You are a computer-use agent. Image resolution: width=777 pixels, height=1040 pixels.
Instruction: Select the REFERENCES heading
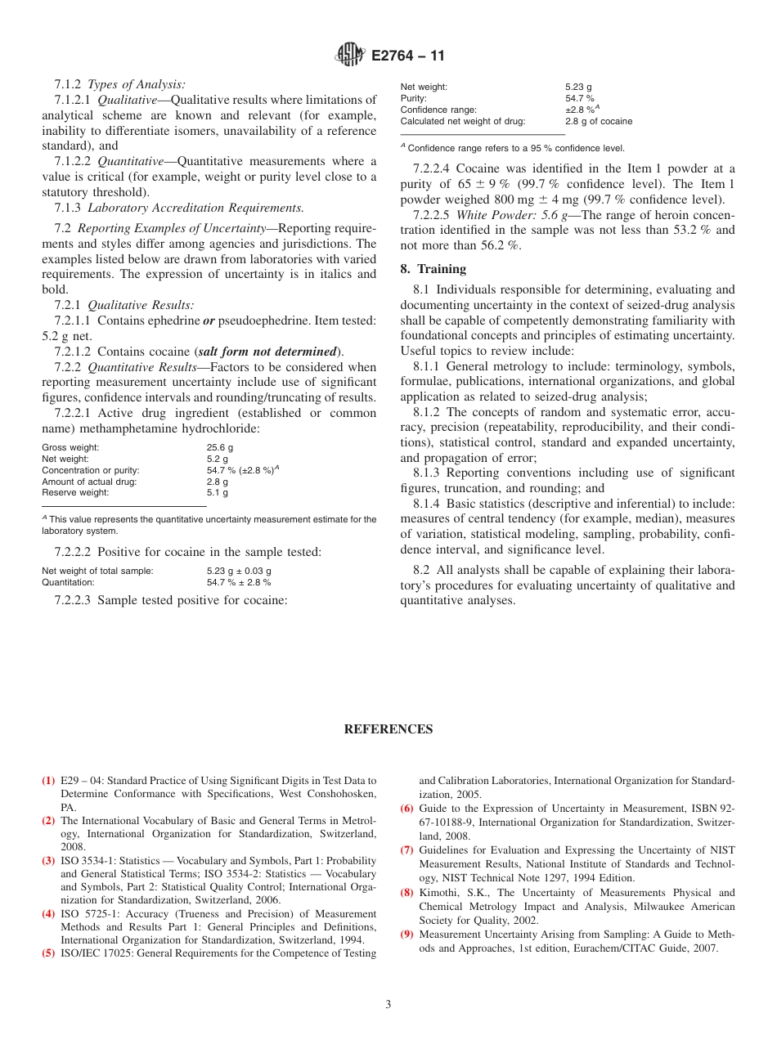point(388,729)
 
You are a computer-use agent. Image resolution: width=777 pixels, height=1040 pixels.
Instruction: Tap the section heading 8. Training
point(433,269)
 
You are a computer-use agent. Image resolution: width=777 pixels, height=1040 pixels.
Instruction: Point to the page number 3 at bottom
point(388,1005)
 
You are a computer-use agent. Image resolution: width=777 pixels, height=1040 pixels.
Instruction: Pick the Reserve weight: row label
point(75,493)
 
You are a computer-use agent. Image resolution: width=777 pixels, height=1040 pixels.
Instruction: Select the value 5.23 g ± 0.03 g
point(239,571)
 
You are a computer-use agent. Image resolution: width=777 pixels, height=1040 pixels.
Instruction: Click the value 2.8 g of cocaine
point(599,121)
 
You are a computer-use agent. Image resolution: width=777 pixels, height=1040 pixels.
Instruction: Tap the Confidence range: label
point(438,110)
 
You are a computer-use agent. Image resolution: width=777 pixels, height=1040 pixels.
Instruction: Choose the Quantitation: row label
point(68,582)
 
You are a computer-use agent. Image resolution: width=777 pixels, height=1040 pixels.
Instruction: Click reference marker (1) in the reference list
point(49,781)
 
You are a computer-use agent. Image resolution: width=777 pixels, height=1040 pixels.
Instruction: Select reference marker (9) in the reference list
point(406,935)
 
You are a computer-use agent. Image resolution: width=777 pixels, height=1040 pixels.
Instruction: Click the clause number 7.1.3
point(70,208)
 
